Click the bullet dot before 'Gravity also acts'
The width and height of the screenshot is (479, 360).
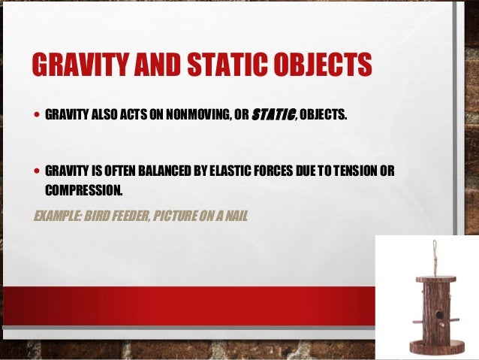tap(37, 116)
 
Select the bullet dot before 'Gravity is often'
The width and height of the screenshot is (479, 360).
tap(37, 171)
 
